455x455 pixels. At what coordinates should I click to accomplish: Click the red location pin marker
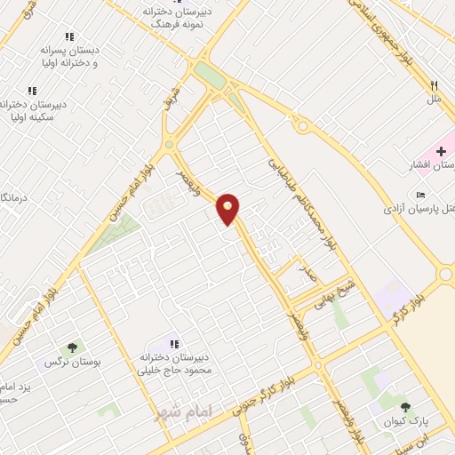(228, 209)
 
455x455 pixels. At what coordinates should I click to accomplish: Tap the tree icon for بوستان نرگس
(71, 347)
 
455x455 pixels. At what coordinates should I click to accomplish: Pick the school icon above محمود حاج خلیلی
(174, 343)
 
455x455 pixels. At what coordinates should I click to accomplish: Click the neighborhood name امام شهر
(179, 413)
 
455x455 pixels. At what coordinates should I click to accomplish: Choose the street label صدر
(308, 275)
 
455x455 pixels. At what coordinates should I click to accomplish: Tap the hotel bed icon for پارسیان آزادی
(419, 195)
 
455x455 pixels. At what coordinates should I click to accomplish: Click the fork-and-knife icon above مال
(435, 85)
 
